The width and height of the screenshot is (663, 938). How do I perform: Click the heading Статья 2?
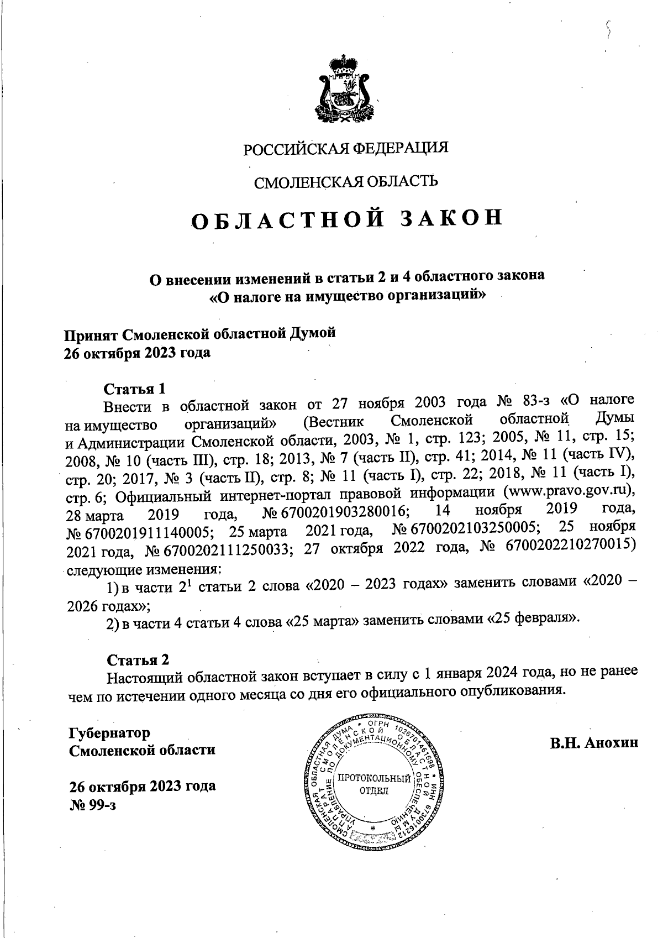[138, 659]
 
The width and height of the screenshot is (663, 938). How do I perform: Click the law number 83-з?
[533, 401]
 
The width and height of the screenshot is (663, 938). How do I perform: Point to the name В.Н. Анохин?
[594, 742]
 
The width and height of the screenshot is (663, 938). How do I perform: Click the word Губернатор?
[109, 733]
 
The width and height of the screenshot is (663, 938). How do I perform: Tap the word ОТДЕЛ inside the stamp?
[374, 790]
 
